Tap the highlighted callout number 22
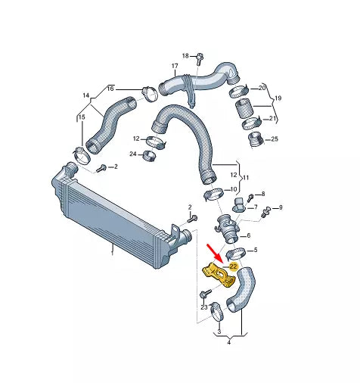click(x=234, y=266)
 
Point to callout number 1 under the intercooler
click(x=112, y=254)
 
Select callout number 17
click(x=174, y=67)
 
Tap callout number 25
click(x=275, y=139)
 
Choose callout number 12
click(x=136, y=139)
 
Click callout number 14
click(x=86, y=96)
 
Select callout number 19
click(x=277, y=99)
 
